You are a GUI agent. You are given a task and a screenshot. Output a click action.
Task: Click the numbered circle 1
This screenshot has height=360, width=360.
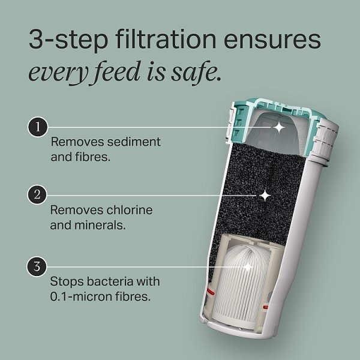pos(38,127)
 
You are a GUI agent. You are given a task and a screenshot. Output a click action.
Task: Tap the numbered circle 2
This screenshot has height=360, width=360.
pos(38,196)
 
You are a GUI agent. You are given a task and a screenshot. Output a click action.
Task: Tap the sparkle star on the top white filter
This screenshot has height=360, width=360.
pos(278,127)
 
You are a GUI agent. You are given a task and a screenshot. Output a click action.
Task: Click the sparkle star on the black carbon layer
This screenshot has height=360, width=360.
pos(265,196)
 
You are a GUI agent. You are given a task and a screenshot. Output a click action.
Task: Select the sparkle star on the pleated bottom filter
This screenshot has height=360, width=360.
pos(247,266)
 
